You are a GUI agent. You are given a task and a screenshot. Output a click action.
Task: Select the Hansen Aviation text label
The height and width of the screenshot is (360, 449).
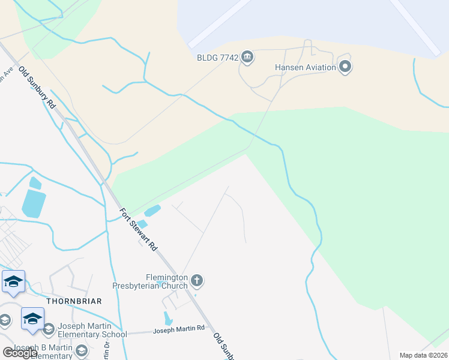[306, 67]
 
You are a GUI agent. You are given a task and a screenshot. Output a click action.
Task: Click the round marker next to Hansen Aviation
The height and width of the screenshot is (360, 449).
[345, 66]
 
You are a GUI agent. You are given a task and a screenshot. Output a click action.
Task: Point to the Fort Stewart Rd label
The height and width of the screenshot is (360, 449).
[138, 229]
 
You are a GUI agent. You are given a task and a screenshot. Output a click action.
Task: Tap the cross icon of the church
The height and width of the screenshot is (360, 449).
[197, 280]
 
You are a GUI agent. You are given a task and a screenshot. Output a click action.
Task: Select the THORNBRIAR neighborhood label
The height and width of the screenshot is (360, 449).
[73, 301]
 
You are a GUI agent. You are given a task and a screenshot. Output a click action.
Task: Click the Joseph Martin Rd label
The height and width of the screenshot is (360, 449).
[179, 329]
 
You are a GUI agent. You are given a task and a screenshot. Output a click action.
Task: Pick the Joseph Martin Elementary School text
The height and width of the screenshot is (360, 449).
[92, 330]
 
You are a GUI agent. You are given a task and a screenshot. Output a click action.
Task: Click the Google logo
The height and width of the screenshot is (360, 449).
[20, 352]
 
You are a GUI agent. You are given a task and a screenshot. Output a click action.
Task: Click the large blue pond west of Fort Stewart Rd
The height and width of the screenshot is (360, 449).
[34, 203]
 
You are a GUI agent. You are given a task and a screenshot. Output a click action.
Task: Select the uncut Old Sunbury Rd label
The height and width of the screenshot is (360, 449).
[37, 87]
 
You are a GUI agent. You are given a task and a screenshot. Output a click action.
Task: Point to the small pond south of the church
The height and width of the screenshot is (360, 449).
[167, 319]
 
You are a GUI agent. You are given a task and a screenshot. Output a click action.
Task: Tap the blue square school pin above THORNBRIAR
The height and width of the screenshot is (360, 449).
[13, 281]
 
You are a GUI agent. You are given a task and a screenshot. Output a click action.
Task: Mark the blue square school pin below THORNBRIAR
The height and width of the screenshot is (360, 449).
[32, 318]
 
